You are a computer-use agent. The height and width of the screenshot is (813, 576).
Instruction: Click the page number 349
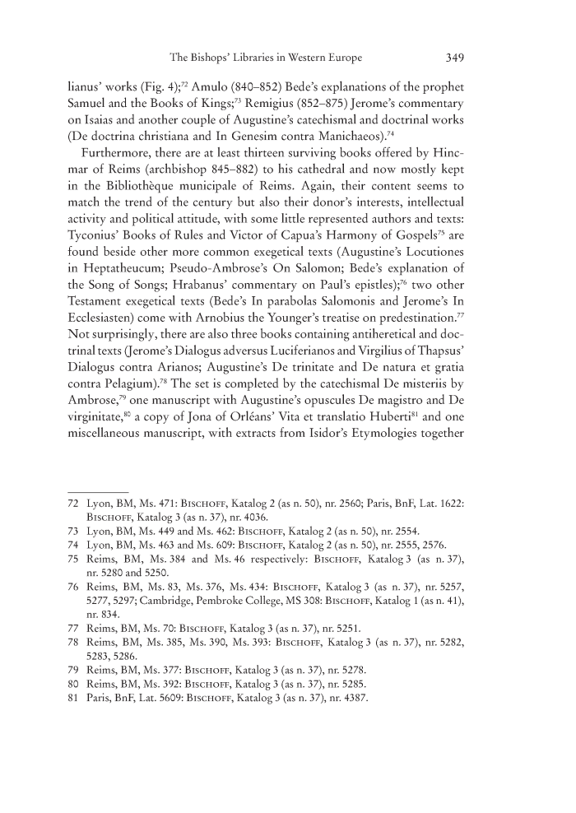click(456, 58)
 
